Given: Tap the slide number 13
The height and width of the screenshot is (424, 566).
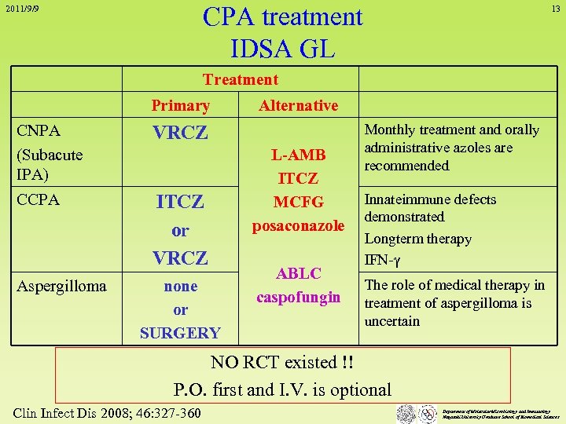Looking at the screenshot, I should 555,9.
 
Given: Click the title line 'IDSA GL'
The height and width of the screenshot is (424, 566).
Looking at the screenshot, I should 282,48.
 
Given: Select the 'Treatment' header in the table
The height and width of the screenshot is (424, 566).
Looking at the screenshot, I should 241,79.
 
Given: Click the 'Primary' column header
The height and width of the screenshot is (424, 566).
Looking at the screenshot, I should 180,105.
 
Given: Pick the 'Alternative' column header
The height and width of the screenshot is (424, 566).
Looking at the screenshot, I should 298,105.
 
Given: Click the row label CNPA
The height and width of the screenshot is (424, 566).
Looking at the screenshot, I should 39,130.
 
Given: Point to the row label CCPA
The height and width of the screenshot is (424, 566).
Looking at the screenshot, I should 38,199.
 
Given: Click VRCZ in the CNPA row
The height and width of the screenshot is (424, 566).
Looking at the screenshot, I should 180,133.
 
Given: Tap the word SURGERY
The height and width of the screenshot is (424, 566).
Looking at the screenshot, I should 180,333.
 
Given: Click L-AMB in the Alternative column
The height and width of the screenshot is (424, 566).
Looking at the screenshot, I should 298,155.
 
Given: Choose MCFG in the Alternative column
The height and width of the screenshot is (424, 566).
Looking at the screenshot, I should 298,202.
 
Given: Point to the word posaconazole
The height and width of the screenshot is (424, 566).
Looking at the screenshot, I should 298,225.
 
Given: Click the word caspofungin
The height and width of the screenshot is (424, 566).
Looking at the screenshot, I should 298,297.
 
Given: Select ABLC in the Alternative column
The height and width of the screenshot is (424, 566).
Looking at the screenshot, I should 298,273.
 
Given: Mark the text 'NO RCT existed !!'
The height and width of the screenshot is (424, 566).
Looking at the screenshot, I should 282,363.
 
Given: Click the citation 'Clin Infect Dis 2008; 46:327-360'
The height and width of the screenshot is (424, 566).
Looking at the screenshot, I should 108,414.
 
